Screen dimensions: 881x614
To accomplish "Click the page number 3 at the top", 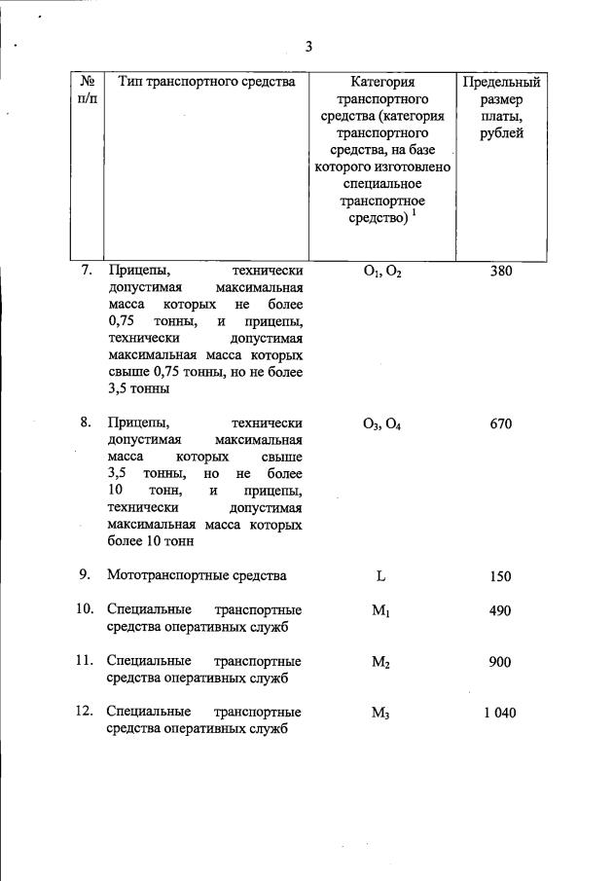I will tap(308, 46).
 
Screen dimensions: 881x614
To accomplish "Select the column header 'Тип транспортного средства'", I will tap(206, 82).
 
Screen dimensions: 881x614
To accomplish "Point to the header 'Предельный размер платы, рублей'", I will tap(500, 108).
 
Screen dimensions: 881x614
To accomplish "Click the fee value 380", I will tap(500, 272).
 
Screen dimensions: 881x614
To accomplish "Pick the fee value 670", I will tap(500, 423).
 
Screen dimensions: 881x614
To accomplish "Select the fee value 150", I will tap(500, 576).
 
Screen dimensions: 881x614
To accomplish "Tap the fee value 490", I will tap(500, 610).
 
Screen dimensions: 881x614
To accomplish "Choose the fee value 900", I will tap(500, 662).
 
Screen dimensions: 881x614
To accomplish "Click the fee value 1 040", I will tap(500, 713).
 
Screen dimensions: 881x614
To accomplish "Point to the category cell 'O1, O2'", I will tap(381, 273).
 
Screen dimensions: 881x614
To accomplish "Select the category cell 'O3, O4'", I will tap(381, 424).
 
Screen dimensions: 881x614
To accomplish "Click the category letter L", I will tap(381, 576).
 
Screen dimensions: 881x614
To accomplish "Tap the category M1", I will tap(381, 611).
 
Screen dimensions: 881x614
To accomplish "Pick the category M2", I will tap(381, 663).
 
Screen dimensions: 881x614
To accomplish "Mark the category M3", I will tap(381, 714).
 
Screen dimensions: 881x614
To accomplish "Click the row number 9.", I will tap(86, 575).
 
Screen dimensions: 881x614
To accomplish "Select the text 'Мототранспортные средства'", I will tap(197, 575).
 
